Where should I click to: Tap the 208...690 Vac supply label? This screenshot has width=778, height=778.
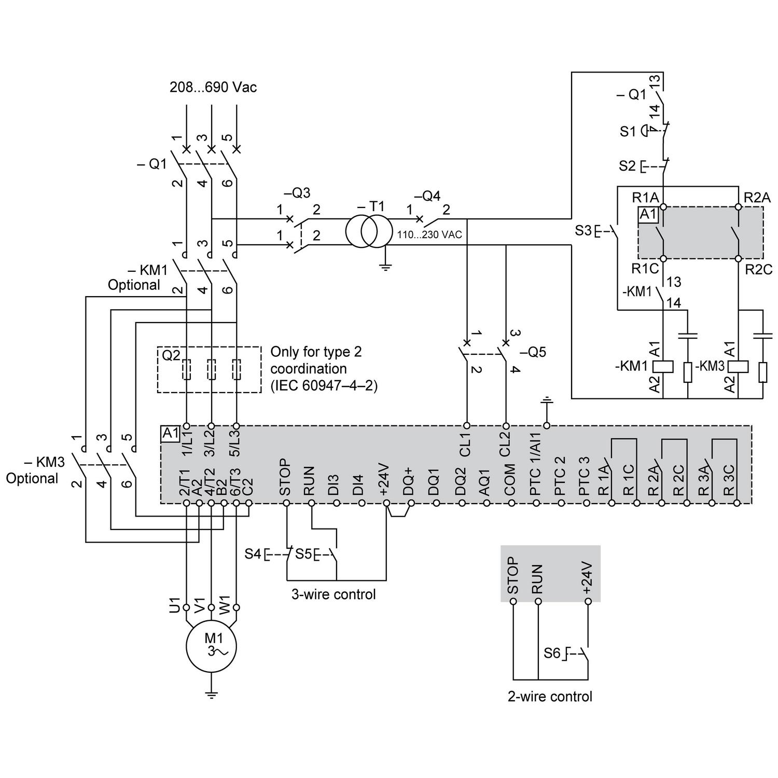point(213,87)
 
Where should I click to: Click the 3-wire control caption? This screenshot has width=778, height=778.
point(333,594)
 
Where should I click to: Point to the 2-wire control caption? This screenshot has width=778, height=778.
point(550,696)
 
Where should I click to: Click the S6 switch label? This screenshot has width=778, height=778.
point(552,653)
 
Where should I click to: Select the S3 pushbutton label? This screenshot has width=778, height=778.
point(583,230)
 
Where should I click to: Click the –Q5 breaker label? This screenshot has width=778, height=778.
point(534,352)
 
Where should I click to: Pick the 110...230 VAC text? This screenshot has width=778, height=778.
point(429,235)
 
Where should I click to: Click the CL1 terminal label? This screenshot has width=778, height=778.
point(465,444)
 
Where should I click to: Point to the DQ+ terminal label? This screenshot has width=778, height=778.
point(409,480)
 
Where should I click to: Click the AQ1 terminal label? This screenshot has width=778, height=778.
point(484,482)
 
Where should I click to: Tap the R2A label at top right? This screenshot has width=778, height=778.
point(757,198)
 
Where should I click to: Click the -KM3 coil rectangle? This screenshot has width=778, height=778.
point(738,366)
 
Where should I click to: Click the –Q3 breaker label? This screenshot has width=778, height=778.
point(297,193)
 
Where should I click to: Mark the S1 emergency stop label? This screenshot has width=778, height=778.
point(628,132)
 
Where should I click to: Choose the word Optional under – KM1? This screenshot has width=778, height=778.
point(134,285)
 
